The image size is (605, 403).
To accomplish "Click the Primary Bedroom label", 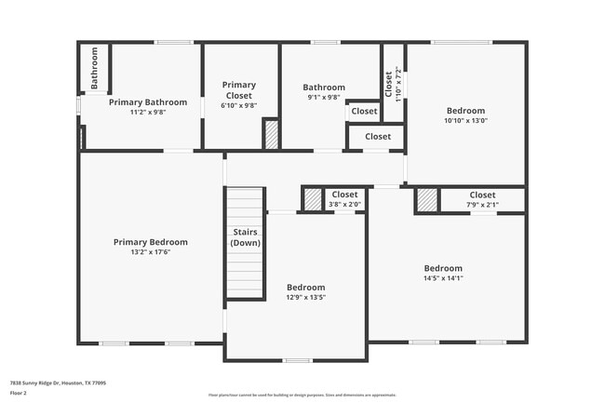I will pyautogui.click(x=150, y=242).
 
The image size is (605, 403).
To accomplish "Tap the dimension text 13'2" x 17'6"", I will pyautogui.click(x=150, y=251).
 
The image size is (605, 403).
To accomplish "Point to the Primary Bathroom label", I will pyautogui.click(x=148, y=102).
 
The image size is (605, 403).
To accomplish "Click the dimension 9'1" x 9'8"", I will pyautogui.click(x=323, y=97).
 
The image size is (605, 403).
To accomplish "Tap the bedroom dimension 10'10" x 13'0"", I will pyautogui.click(x=465, y=119).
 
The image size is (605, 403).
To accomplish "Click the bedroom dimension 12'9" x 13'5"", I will pyautogui.click(x=305, y=298).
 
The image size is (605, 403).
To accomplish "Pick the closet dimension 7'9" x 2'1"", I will pyautogui.click(x=482, y=205).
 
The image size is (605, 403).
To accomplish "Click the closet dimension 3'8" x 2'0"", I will pyautogui.click(x=344, y=205).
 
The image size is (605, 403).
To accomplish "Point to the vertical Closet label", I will pyautogui.click(x=389, y=84).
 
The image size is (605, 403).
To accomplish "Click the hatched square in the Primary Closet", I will pyautogui.click(x=271, y=134).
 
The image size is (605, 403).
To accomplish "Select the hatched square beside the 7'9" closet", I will pyautogui.click(x=426, y=200).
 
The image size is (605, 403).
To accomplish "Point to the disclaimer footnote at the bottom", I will pyautogui.click(x=302, y=395).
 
